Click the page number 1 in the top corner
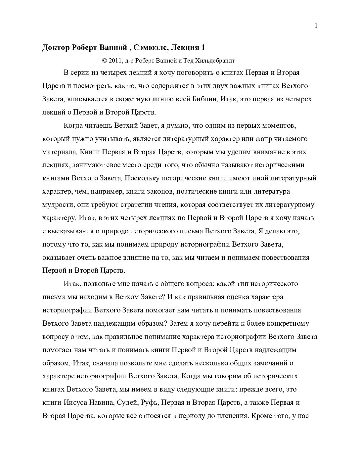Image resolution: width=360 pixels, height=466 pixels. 316,26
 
